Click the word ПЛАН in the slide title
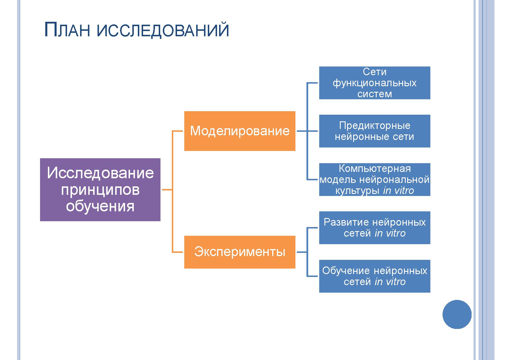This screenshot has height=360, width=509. coord(68,30)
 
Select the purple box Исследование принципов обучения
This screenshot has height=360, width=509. coord(100,190)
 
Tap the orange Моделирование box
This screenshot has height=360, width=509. coord(240,131)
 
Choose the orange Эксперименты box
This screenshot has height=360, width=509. coord(240,252)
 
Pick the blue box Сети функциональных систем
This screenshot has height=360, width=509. coord(375,83)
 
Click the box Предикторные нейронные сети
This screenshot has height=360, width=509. coord(375,131)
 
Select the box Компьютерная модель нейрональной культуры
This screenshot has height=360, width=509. coord(375,179)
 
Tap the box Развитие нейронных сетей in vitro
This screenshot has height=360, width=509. coord(375,228)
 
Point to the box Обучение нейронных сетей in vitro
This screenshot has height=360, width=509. coord(375,276)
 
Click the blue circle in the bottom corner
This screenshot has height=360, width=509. coord(457,314)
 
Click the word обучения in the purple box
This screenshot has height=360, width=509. coord(100,207)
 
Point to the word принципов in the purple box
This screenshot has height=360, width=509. coord(100,190)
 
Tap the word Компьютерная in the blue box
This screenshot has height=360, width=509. coord(375,169)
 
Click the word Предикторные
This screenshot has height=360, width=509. coord(375,125)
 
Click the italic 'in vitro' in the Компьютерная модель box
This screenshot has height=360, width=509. coord(398,191)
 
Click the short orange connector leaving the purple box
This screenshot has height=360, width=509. coord(167,190)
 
